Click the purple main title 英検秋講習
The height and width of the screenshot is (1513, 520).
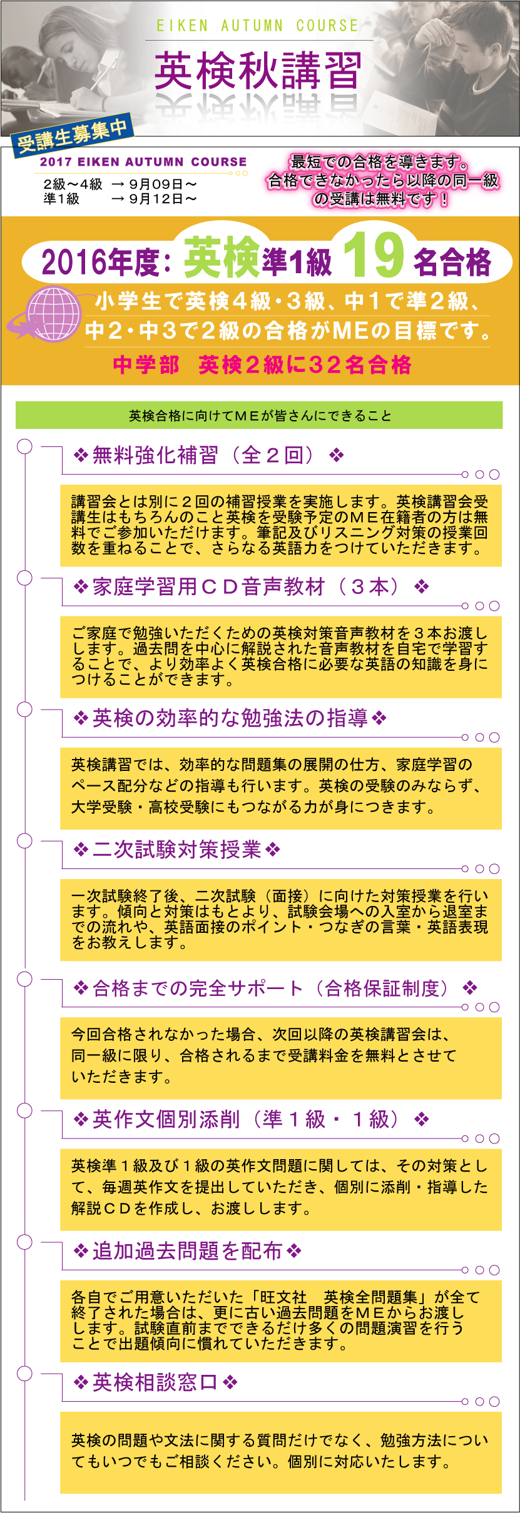tap(258, 71)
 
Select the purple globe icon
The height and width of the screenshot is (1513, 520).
tap(53, 313)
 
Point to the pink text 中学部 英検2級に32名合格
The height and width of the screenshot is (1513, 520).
tap(262, 364)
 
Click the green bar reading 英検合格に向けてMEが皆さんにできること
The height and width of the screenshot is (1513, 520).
tap(259, 415)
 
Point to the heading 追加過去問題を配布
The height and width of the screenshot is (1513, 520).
tap(187, 1251)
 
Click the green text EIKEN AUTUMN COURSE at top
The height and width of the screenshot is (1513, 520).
tap(258, 26)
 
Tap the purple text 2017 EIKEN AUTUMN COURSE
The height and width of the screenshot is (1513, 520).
tap(143, 162)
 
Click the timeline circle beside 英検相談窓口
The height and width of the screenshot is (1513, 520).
tap(24, 1373)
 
